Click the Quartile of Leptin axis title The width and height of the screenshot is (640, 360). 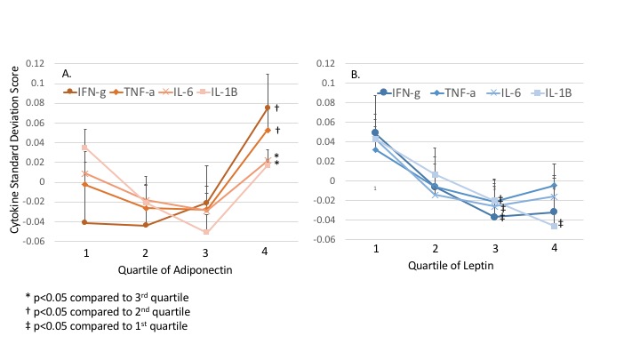[464, 265]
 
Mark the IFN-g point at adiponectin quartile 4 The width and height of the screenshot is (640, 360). [268, 108]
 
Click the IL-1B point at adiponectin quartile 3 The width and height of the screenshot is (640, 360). [205, 232]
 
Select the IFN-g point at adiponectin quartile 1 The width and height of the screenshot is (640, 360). [84, 222]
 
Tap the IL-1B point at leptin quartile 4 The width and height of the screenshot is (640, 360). [554, 226]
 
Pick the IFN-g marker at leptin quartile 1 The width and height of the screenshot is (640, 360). [375, 132]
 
